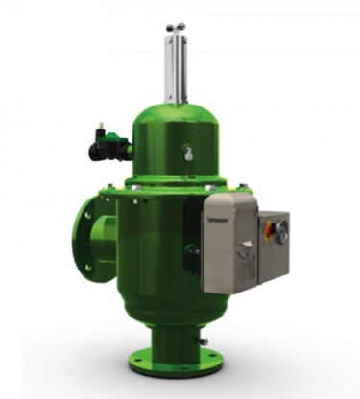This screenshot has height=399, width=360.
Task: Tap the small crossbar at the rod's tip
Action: point(175,28)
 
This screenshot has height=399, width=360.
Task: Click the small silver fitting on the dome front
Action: point(187,151)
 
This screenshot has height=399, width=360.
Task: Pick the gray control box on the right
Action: point(273,245)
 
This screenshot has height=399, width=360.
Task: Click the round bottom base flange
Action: point(176,362)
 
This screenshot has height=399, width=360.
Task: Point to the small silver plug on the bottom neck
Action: point(204,340)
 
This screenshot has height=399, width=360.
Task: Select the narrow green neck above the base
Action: point(176,336)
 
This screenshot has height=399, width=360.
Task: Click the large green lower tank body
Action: point(154,259)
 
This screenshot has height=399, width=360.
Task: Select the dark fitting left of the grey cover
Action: point(193,249)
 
